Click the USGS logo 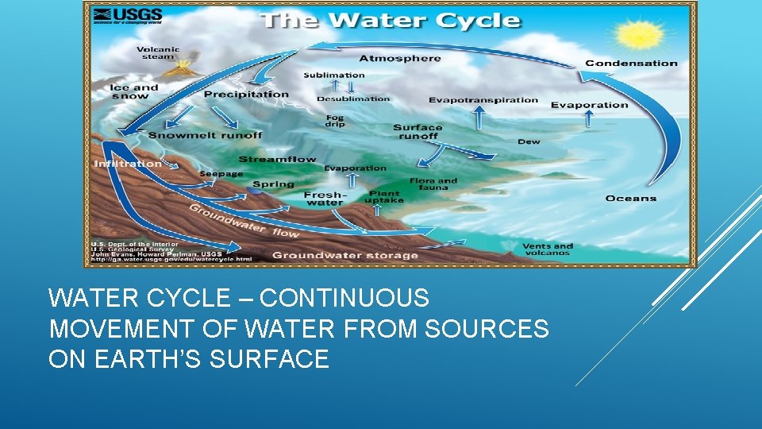tap(127, 17)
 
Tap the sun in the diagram tap(641, 36)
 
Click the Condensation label tap(631, 64)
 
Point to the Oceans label tap(631, 198)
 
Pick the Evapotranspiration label tap(483, 100)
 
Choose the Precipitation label tap(246, 94)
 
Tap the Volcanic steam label tap(160, 52)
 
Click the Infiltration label tap(128, 164)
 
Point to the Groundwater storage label tap(345, 256)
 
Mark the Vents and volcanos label tap(548, 250)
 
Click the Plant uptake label tap(384, 196)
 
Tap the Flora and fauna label tap(433, 184)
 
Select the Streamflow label tap(277, 159)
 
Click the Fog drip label tap(336, 121)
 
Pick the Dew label tap(529, 142)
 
